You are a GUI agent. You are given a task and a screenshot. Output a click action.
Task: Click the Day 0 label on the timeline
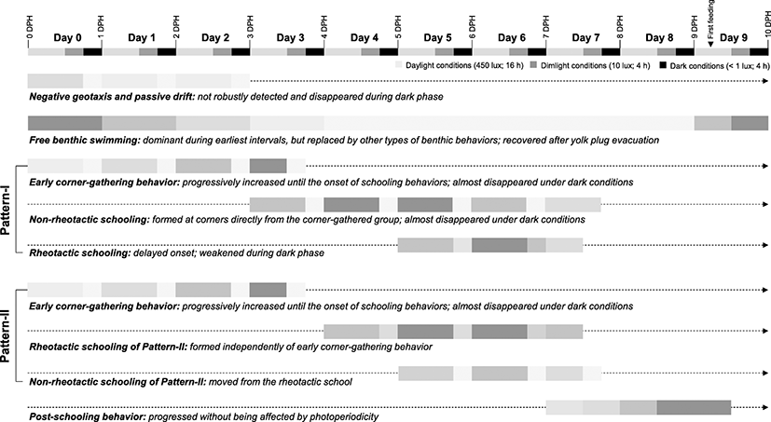(x=67, y=38)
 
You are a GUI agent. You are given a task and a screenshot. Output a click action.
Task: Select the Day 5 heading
(x=437, y=38)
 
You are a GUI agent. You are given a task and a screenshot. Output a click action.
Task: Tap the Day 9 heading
(x=733, y=38)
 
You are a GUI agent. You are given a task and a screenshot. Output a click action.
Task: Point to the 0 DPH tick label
(x=30, y=28)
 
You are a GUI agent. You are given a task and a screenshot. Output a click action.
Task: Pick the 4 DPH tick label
(x=324, y=28)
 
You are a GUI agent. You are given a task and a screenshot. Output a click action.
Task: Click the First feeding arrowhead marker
(x=710, y=44)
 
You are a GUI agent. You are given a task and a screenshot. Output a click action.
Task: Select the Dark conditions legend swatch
(x=662, y=65)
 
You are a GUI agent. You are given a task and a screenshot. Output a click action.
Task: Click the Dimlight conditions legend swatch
(x=533, y=65)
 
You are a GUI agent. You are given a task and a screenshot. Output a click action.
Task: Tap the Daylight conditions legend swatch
(x=398, y=65)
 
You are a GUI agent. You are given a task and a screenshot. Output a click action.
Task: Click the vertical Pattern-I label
(x=7, y=210)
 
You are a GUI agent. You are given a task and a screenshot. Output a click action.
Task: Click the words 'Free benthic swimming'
(x=85, y=141)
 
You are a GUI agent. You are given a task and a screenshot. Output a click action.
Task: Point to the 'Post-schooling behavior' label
(x=87, y=417)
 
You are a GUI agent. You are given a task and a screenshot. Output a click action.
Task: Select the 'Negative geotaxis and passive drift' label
(x=112, y=97)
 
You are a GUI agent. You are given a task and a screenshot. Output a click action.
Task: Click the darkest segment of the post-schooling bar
(x=694, y=408)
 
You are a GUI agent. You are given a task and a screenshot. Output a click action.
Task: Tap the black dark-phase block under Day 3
(x=315, y=51)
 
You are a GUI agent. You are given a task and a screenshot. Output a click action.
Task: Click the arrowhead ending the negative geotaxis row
(x=765, y=80)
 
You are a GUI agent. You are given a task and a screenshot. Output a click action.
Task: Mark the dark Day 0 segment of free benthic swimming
(x=65, y=123)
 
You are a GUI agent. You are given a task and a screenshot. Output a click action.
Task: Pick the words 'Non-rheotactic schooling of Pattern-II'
(x=117, y=382)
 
